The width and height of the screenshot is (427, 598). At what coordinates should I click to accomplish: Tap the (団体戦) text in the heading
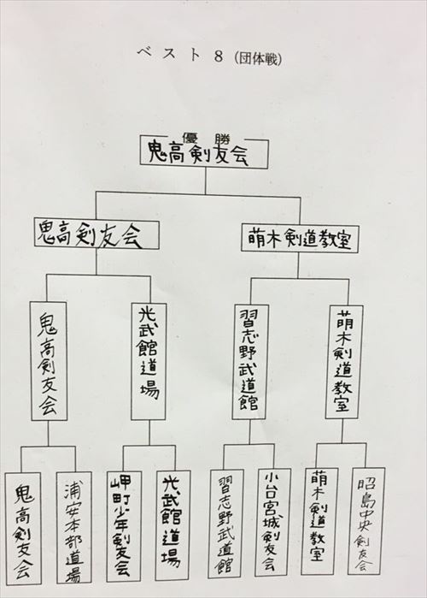tap(258, 58)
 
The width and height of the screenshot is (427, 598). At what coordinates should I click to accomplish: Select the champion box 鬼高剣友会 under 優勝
tap(204, 153)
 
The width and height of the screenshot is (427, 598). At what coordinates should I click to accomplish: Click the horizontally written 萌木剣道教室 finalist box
tap(300, 239)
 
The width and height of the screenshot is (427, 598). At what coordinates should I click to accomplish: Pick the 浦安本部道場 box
tap(73, 528)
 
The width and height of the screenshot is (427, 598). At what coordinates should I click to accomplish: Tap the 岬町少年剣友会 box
tap(124, 526)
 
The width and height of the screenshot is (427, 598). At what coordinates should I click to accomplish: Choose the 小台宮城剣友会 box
tap(272, 522)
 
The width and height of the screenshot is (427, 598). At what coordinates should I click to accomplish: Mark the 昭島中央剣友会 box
tap(366, 521)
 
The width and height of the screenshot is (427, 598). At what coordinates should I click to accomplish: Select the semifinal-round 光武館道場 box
tap(149, 362)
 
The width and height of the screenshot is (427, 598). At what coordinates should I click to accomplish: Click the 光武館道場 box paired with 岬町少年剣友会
tap(173, 526)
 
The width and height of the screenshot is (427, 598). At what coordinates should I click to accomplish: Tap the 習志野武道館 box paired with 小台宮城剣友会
tap(226, 524)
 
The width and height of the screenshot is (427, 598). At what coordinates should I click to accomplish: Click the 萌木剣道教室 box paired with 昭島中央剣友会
tap(319, 521)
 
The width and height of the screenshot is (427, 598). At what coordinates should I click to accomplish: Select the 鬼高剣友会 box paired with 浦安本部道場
tap(23, 529)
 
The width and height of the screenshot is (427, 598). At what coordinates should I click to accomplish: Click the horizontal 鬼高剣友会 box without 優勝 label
tap(97, 234)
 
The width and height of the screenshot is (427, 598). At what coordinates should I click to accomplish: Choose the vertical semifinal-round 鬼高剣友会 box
tap(49, 361)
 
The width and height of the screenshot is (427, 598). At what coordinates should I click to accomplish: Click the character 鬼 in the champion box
tap(156, 152)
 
